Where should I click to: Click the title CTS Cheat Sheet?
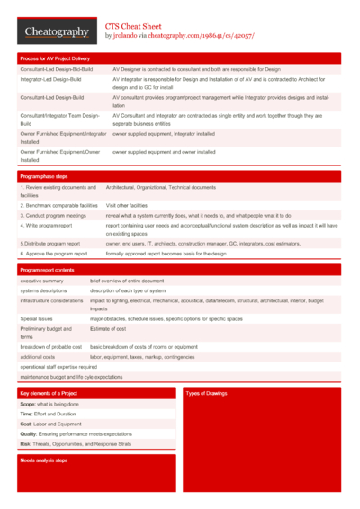[x=134, y=27]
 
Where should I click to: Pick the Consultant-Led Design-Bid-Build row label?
[x=56, y=69]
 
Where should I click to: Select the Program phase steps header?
[x=44, y=176]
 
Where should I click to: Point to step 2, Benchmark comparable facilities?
[x=58, y=206]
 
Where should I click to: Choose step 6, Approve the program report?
[x=53, y=254]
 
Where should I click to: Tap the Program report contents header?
[x=47, y=270]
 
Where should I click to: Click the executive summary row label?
[x=43, y=281]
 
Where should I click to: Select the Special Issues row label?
[x=37, y=319]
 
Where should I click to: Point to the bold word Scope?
[x=28, y=405]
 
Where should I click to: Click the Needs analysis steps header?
[x=44, y=460]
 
